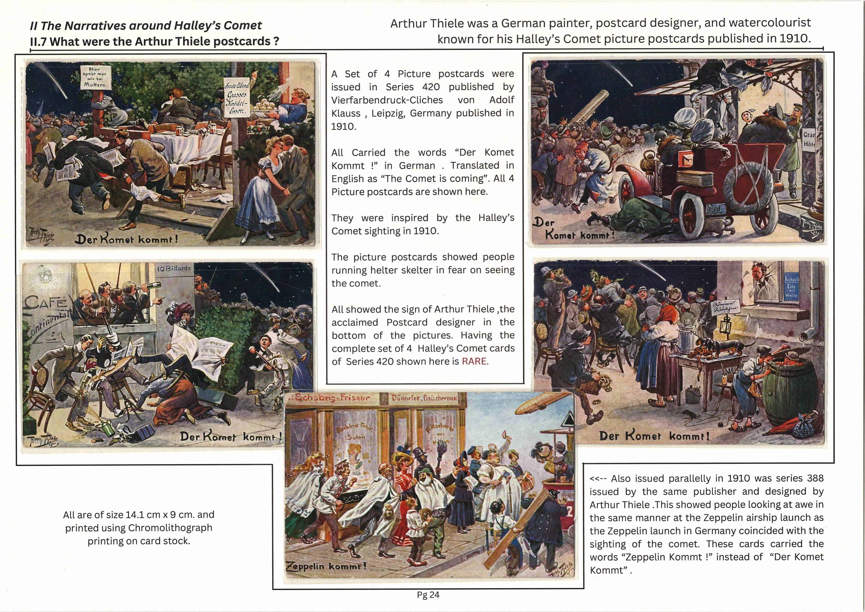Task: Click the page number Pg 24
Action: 428,595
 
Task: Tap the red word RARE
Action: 475,361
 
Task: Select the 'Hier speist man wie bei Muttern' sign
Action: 95,77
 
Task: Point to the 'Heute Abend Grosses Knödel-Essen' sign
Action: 236,98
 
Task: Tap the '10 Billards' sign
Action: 174,268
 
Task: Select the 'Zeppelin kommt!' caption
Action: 326,566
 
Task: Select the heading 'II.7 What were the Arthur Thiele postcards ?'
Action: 154,41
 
